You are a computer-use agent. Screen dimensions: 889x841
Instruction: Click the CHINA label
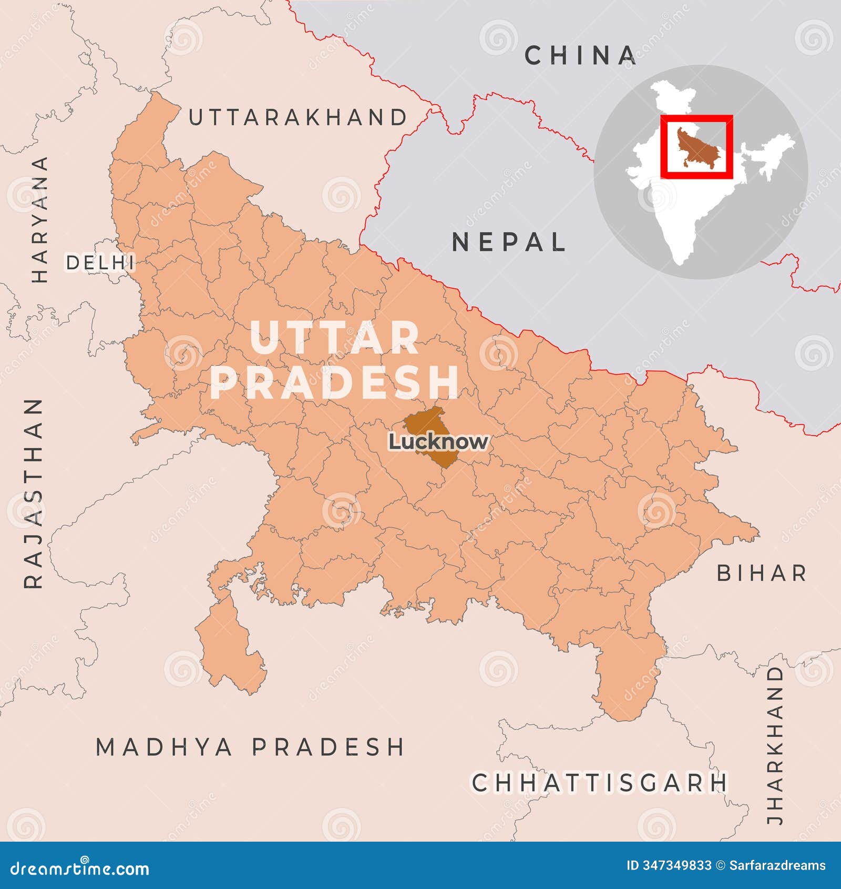(581, 56)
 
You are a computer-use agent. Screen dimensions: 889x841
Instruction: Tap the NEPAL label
(509, 243)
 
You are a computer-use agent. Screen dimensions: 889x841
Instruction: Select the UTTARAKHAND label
(298, 117)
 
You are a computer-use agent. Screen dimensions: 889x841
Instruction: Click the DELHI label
(100, 262)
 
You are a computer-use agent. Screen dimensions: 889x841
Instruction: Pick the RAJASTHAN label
(34, 493)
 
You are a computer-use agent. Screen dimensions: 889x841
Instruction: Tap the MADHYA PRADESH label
(250, 747)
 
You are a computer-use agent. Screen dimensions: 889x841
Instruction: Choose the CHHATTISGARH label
(599, 783)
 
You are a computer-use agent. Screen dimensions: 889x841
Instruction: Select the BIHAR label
(762, 573)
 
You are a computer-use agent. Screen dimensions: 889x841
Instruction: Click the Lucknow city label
(438, 441)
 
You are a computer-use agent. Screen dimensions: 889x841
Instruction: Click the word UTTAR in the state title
(335, 338)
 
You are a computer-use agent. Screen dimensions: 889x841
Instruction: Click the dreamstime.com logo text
(80, 868)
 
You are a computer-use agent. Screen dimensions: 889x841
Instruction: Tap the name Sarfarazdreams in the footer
(777, 865)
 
